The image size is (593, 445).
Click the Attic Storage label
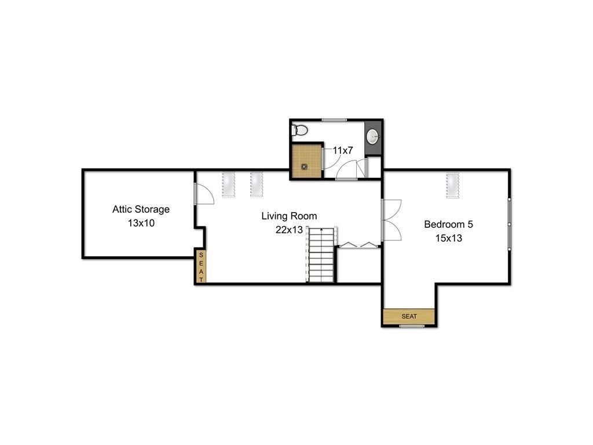pos(141,209)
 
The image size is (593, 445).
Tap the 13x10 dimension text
pos(141,222)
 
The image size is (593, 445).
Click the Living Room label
pos(289,216)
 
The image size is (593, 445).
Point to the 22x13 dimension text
pos(289,229)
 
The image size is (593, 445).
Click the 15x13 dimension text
pos(449,238)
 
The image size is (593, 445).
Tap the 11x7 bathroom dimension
pos(343,150)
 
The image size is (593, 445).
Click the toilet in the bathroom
pos(299,130)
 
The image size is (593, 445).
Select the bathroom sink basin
pos(373,137)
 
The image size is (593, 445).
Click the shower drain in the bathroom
pos(305,166)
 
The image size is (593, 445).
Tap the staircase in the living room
pos(321,255)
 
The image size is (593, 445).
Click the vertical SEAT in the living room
pos(201,267)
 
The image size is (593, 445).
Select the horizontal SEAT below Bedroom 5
pos(409,316)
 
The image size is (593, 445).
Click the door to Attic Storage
pos(204,194)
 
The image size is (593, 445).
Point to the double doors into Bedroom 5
pos(391,220)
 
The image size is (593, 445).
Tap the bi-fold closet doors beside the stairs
pos(358,245)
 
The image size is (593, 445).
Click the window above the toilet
pos(334,120)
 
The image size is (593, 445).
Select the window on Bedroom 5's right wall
pos(510,224)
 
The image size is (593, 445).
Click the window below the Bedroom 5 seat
pos(412,326)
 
